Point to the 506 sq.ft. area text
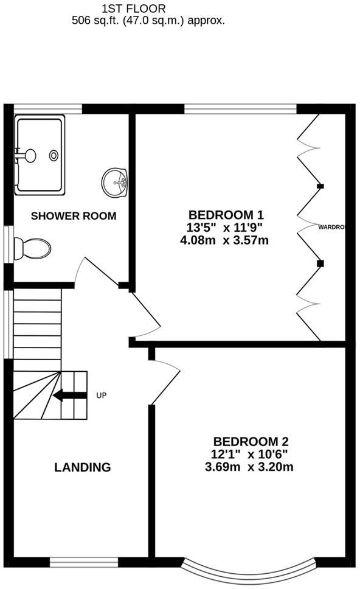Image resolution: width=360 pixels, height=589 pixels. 148,20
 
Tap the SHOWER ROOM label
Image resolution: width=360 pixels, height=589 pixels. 74,216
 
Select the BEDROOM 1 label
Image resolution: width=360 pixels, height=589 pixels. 226,215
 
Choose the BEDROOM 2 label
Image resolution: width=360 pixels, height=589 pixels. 250,442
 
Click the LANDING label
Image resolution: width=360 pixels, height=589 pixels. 83,467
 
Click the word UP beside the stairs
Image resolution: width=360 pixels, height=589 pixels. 102,396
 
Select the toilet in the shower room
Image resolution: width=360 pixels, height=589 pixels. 33,248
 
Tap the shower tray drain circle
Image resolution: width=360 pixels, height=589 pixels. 54,155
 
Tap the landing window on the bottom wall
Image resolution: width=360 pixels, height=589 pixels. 85,561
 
